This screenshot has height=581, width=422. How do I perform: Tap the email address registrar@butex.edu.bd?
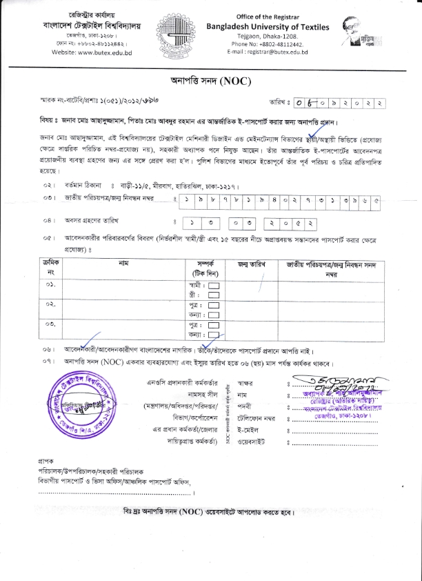pos(275,52)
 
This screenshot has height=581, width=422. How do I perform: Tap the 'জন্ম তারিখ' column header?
pos(252,264)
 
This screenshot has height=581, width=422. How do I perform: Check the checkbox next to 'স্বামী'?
pos(214,285)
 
